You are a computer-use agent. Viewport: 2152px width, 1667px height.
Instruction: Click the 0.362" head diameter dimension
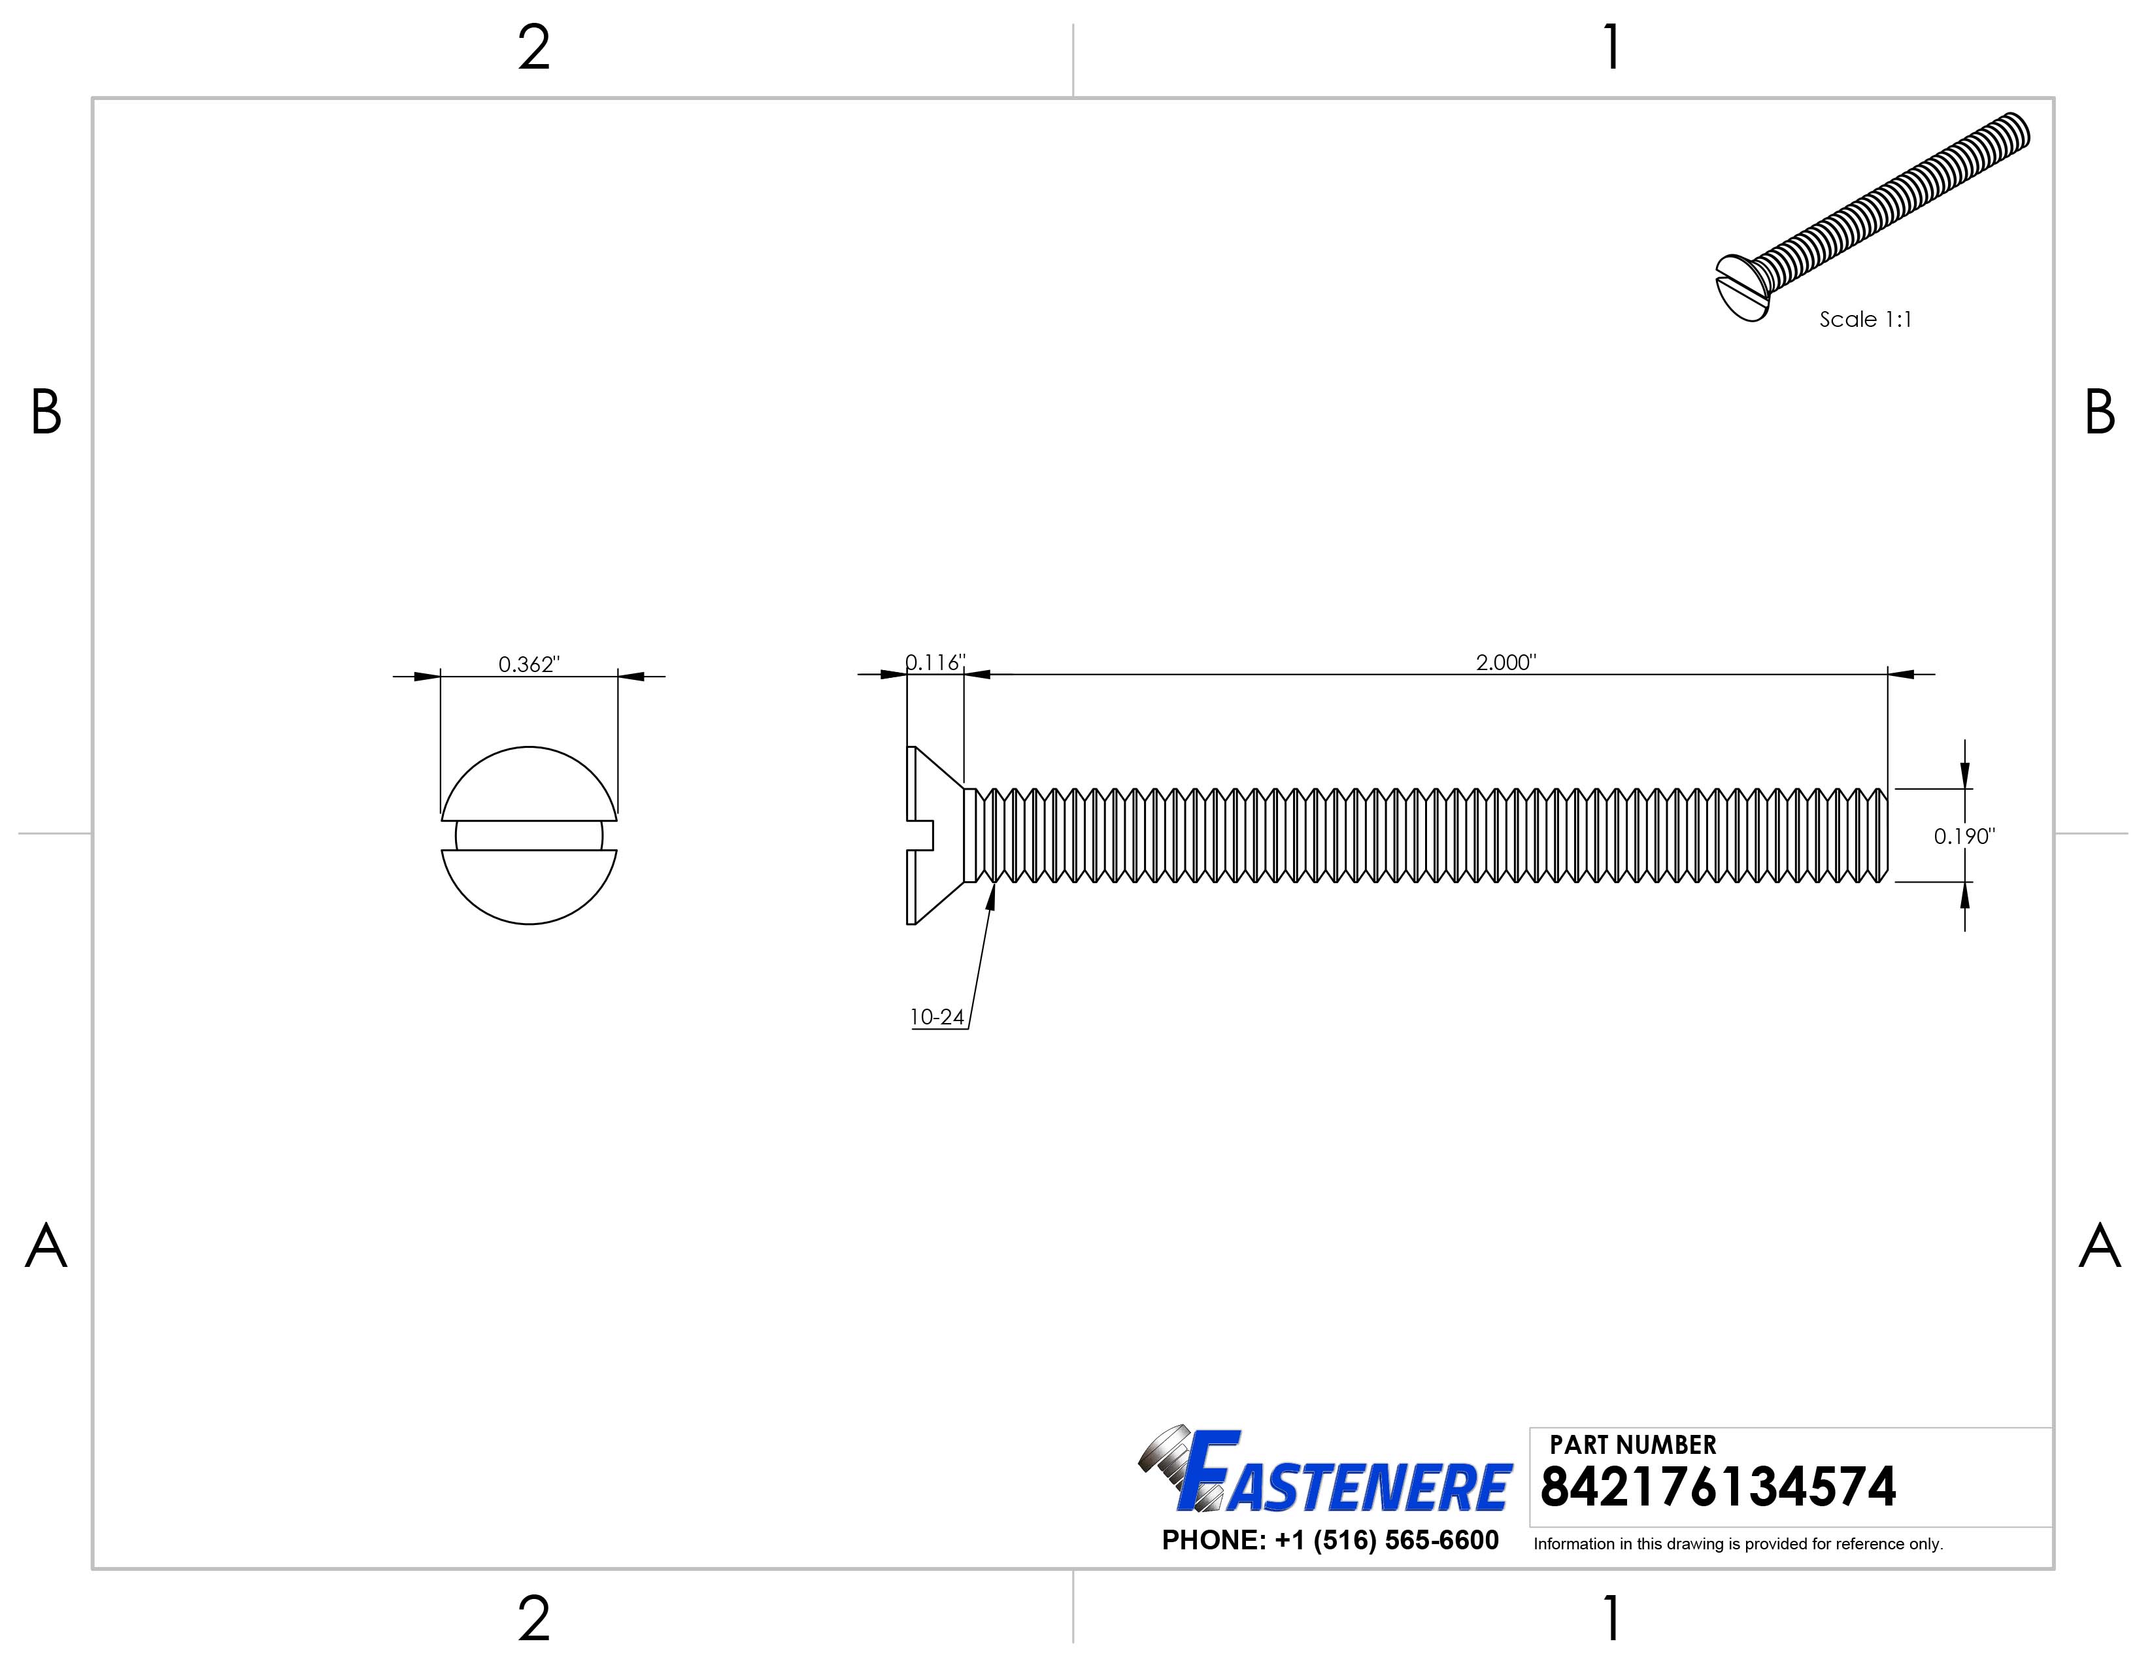point(528,664)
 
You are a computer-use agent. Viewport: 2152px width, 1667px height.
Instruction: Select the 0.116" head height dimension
point(935,662)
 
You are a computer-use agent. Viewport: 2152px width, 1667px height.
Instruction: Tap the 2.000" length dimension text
point(1505,662)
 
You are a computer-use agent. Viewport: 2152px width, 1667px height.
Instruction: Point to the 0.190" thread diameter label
point(1964,837)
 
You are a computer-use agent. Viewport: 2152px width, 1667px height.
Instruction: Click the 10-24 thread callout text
point(936,1017)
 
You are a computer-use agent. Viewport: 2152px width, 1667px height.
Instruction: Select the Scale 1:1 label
point(1864,319)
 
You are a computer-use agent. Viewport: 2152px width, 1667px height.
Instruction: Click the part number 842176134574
point(1717,1488)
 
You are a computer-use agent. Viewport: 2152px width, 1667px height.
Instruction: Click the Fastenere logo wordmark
point(1345,1486)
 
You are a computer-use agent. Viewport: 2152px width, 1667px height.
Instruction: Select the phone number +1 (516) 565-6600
point(1330,1540)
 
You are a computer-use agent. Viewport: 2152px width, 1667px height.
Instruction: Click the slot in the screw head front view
point(528,835)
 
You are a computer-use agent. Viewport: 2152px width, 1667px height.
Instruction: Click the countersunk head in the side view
point(934,835)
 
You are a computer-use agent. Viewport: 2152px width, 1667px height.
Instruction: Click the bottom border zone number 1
point(1611,1619)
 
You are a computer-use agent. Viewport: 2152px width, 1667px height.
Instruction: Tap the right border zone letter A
point(2100,1246)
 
